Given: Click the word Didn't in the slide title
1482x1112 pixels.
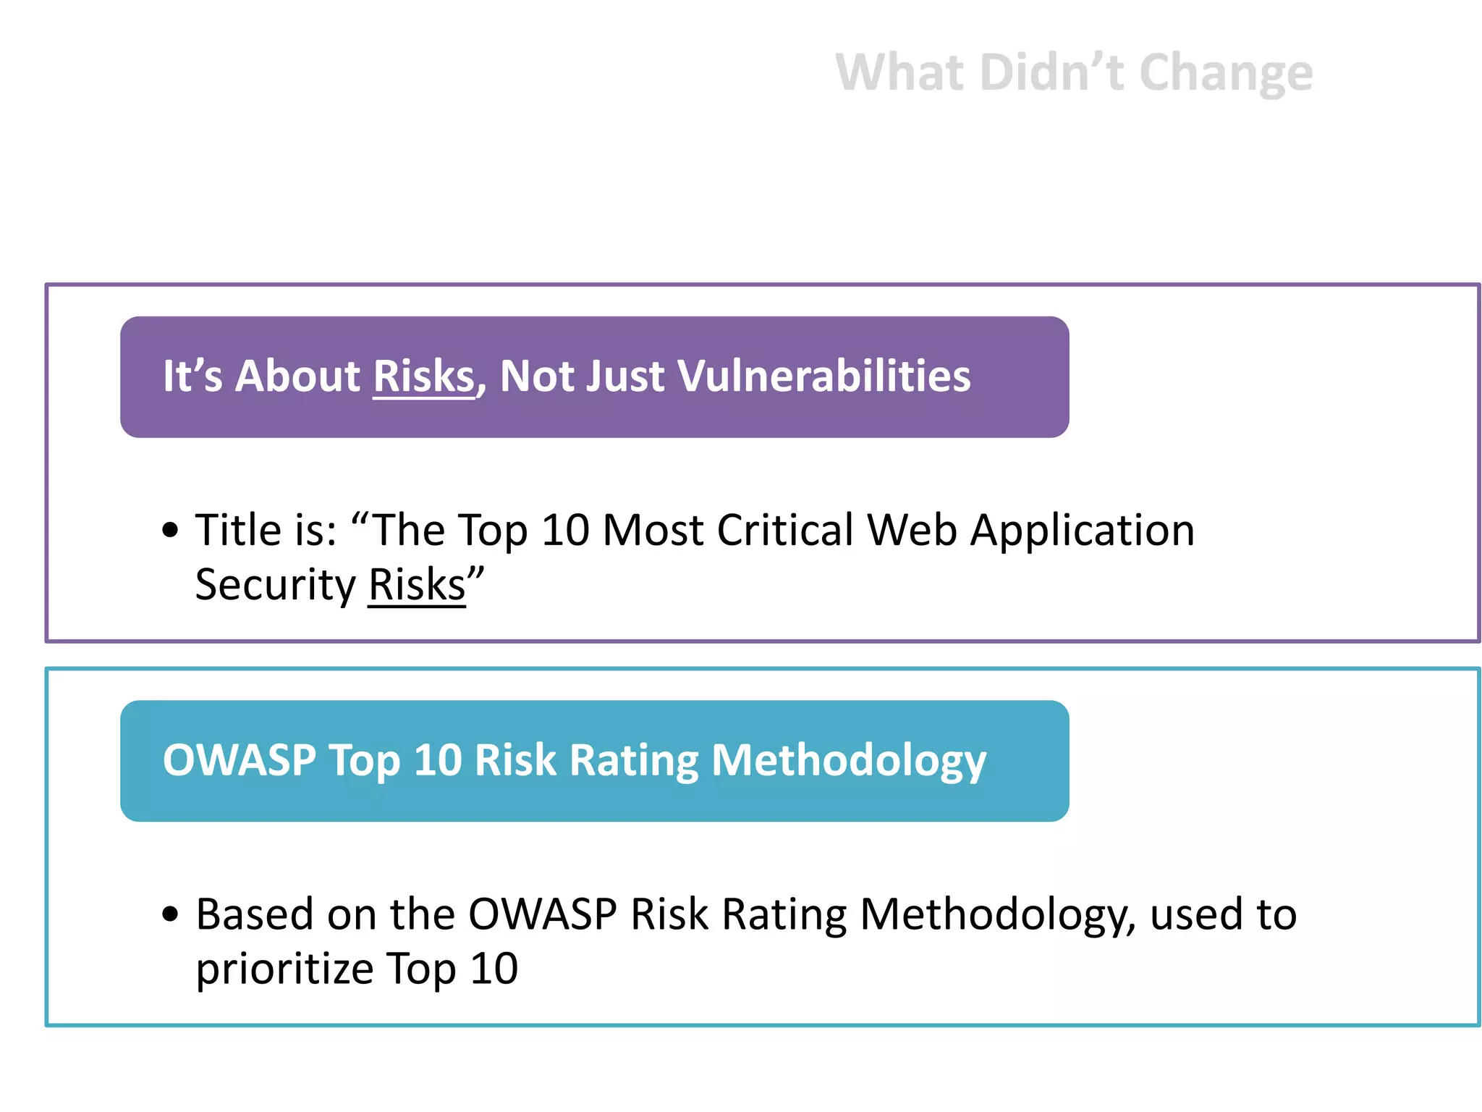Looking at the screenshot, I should point(1053,73).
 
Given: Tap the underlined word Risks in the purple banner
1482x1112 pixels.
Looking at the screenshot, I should point(423,376).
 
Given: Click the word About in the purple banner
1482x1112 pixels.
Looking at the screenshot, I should point(297,376).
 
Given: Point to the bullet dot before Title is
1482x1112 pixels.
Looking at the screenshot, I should point(170,530).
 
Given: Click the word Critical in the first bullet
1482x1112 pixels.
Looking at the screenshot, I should point(785,530).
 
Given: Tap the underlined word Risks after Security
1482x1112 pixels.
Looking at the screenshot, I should point(417,585).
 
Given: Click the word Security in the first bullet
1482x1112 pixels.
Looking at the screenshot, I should point(275,585).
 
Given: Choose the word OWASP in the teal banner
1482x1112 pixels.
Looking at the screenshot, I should point(240,760).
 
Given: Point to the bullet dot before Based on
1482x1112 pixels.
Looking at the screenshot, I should point(170,914).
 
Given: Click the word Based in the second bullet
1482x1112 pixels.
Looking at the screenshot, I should point(254,914).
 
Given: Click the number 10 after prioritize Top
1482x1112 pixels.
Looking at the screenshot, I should point(494,969).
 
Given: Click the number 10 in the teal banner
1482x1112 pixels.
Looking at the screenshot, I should point(437,760).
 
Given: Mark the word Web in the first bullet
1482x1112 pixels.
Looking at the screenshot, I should point(913,530).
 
